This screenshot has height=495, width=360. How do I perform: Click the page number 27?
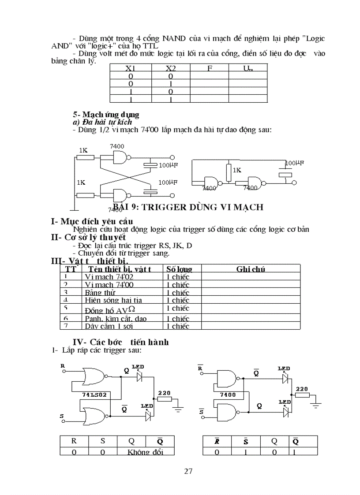[x=188, y=471]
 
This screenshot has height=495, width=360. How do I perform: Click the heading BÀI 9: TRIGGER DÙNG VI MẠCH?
[x=188, y=207]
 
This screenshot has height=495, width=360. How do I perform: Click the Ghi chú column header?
[x=250, y=269]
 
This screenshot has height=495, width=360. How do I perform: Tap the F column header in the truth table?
[x=209, y=68]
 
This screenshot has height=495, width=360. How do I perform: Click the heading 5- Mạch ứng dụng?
[x=106, y=115]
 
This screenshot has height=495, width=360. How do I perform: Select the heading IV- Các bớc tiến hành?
[x=120, y=342]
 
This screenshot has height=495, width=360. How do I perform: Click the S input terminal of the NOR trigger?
[x=63, y=421]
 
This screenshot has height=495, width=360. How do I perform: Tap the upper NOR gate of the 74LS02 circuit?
[x=94, y=376]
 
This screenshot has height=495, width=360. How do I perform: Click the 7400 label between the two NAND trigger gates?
[x=228, y=395]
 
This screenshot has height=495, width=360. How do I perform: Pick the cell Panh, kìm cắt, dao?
[x=116, y=318]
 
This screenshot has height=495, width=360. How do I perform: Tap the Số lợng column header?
[x=179, y=269]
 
